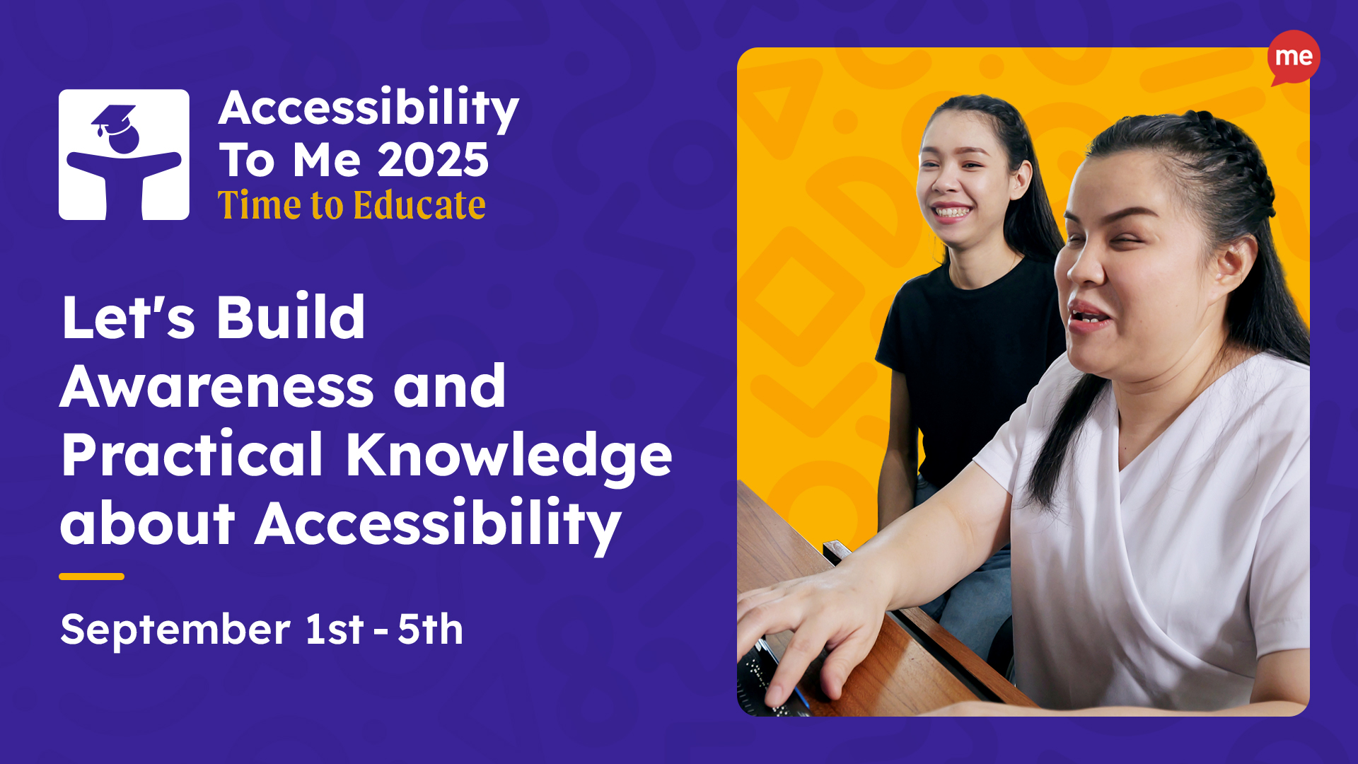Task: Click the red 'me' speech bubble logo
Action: point(1294,57)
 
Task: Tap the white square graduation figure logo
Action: point(124,154)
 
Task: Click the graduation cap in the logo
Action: point(113,119)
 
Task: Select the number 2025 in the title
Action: point(433,160)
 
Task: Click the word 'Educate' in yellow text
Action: point(419,205)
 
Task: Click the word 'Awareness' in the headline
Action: point(217,386)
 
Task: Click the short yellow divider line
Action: point(91,577)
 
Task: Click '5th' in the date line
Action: point(430,628)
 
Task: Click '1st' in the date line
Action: point(335,628)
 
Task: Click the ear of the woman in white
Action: point(1234,262)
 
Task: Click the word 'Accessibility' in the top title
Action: point(368,108)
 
